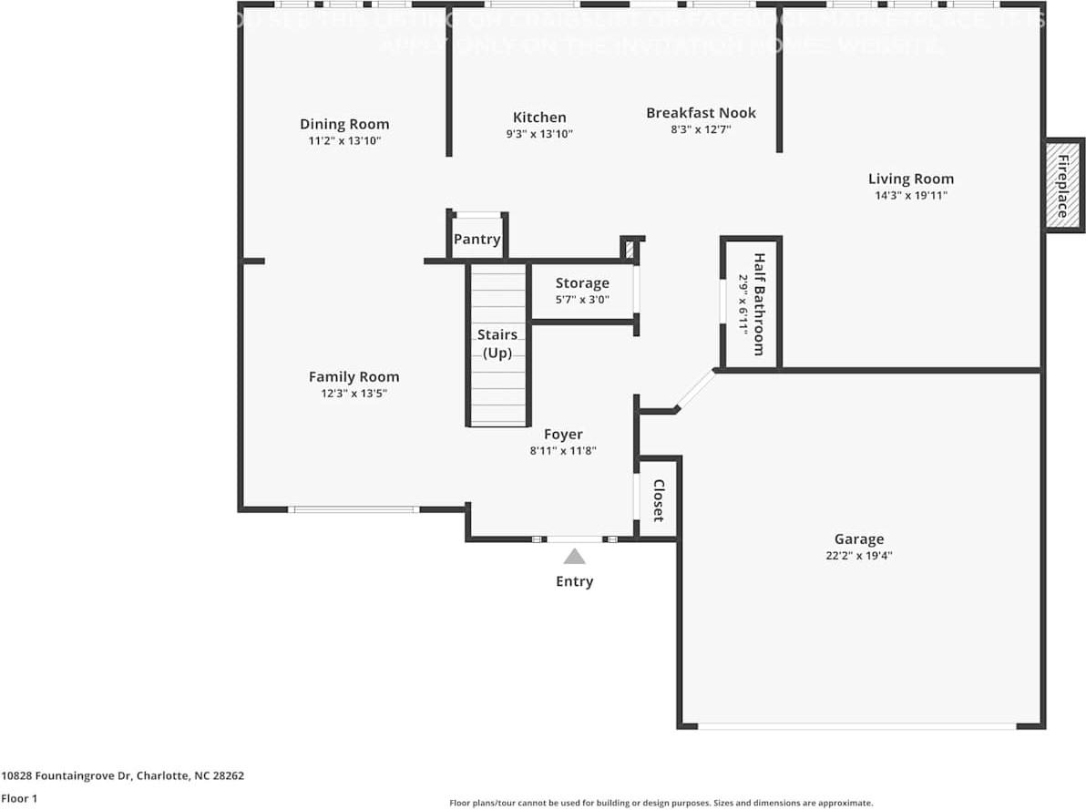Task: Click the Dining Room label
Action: coord(344,124)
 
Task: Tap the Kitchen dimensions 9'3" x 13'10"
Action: coord(539,134)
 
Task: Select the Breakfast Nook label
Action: coord(701,113)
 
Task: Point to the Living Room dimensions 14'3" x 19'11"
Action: coord(910,195)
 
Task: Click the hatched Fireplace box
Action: coord(1063,185)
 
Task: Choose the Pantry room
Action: coord(477,239)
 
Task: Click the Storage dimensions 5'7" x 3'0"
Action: coord(582,300)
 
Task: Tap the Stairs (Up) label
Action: coord(497,343)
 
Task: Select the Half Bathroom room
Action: coord(752,304)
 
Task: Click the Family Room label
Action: coord(353,376)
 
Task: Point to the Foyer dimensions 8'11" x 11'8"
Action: coord(562,450)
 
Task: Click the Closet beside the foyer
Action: coord(658,499)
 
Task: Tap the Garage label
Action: coord(858,538)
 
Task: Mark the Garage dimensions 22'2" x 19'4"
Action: coord(858,555)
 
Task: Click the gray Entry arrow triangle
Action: coord(574,557)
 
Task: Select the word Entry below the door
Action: coord(574,581)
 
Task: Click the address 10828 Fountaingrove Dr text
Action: coord(122,776)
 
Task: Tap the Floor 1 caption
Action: coord(18,798)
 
